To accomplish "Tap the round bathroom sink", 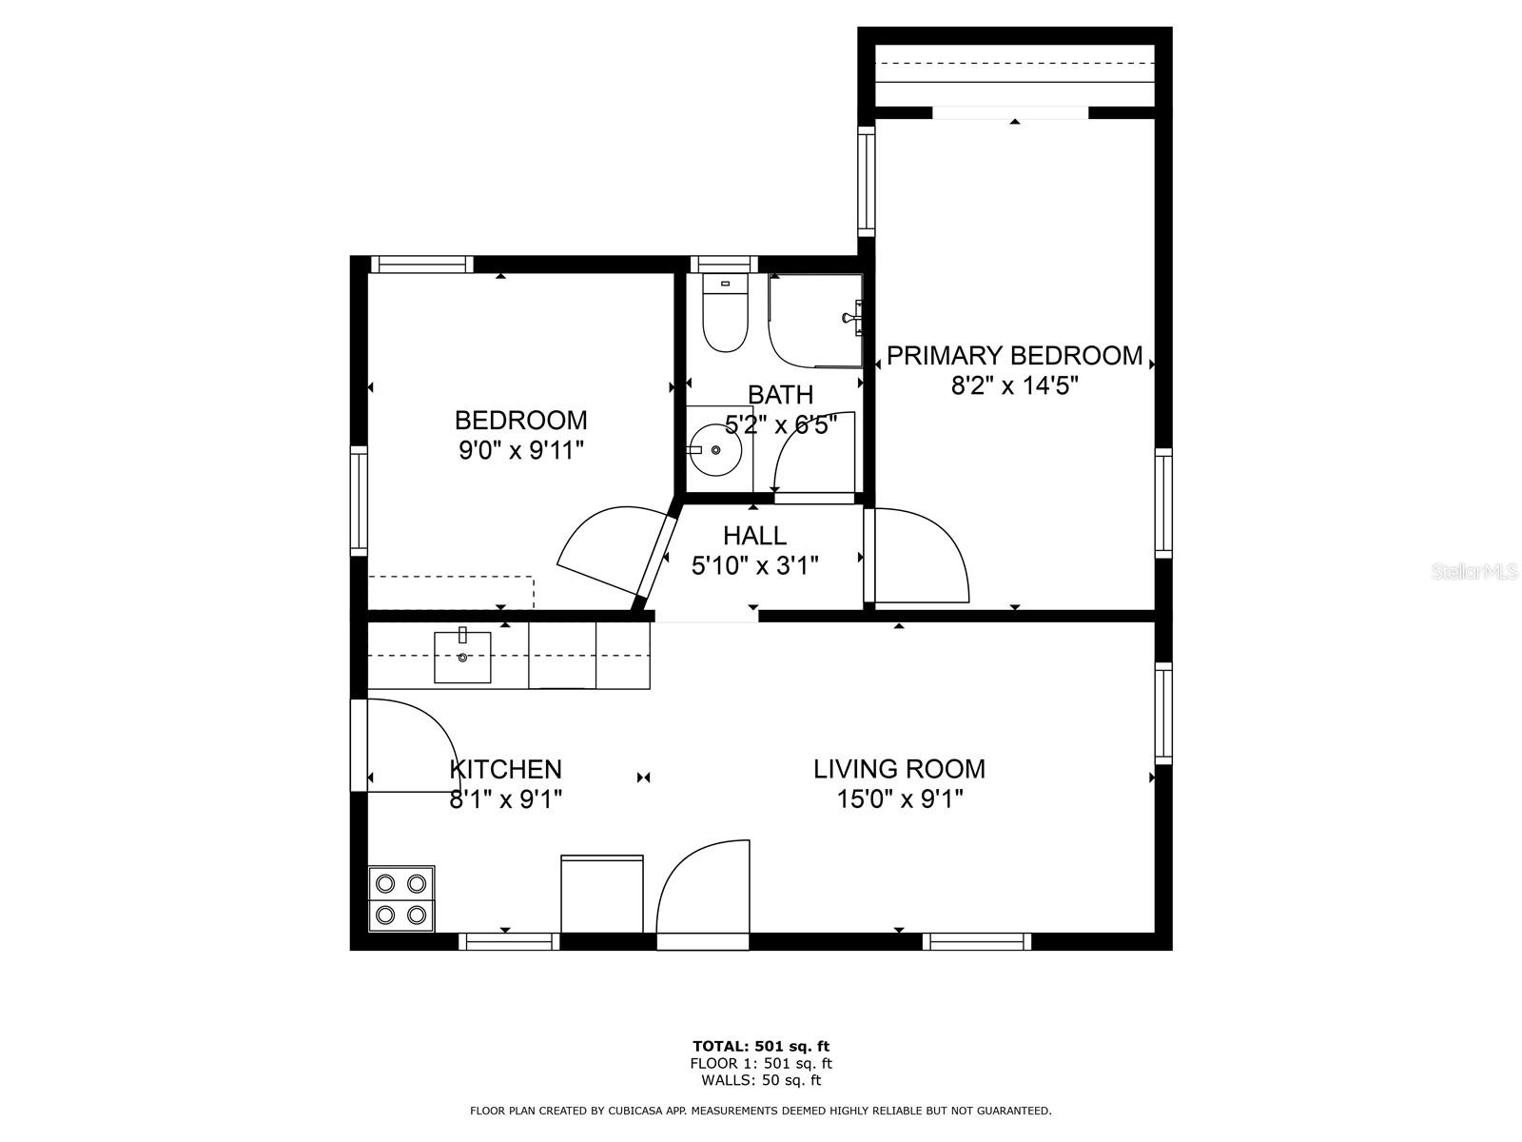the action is tap(715, 450).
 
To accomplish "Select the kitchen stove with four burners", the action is tap(400, 898).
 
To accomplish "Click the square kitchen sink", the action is tap(462, 657).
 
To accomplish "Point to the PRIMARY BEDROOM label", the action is tap(1014, 356).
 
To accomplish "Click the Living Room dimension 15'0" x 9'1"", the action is tap(899, 799).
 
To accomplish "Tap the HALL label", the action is tap(754, 535).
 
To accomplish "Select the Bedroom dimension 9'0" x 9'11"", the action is tap(520, 451).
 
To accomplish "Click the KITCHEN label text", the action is tap(505, 769).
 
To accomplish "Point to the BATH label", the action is tap(780, 395).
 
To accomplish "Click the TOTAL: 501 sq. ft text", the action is tap(761, 1046).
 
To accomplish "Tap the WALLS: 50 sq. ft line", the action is tap(761, 1079).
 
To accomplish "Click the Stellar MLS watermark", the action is tap(1473, 572).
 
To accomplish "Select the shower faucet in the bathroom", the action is tap(853, 318).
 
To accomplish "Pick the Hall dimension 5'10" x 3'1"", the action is tap(754, 566).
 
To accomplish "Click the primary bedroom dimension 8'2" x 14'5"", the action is tap(1014, 384).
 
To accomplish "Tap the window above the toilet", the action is tap(724, 265).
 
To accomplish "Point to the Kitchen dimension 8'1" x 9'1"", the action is tap(505, 799).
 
